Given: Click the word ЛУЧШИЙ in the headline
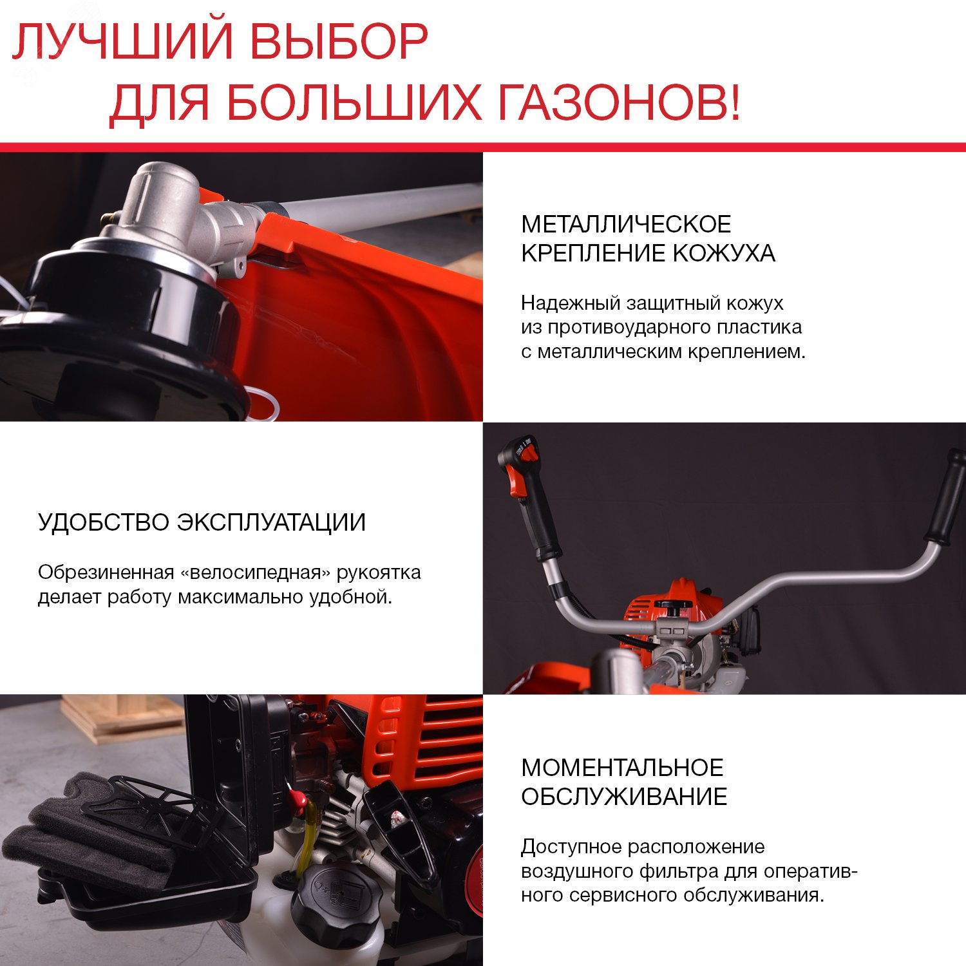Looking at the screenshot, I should [122, 43].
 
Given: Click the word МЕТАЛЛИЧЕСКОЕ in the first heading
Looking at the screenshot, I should [626, 224].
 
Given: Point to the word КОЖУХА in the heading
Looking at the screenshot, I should [724, 253].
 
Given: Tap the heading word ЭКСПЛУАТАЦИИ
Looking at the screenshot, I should [271, 522].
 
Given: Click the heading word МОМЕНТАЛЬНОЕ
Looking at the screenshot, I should [622, 768].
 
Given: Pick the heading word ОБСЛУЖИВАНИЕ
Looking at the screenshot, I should [624, 797].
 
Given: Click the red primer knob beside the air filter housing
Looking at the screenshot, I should [297, 800].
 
